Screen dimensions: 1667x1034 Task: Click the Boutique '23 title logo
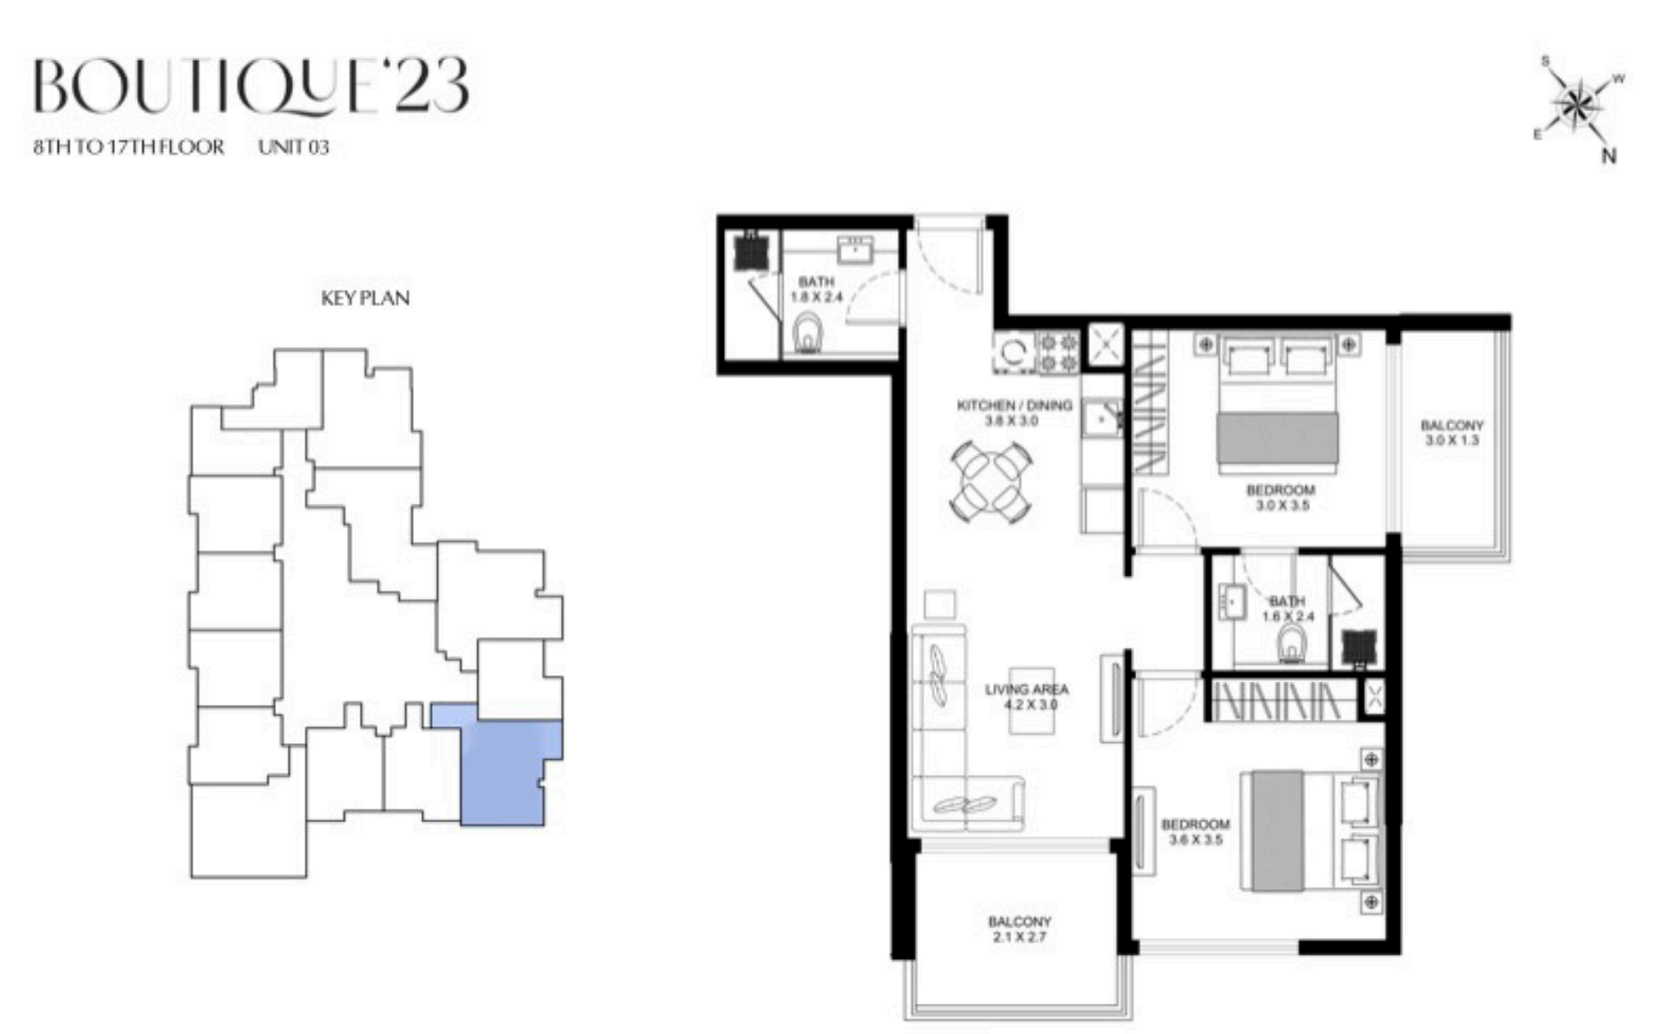(x=251, y=87)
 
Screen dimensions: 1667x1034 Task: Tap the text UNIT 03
(x=294, y=147)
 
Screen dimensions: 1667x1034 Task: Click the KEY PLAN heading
(x=365, y=298)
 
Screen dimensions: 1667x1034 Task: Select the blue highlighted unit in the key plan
(x=504, y=765)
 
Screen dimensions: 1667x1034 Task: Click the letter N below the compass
(x=1609, y=157)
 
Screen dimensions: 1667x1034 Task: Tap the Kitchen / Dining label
(x=1014, y=413)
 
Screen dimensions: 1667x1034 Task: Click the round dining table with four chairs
(x=991, y=481)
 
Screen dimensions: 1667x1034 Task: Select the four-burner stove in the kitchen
(x=1058, y=352)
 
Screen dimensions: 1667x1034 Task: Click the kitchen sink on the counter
(x=1102, y=418)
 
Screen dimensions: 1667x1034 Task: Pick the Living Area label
(x=1027, y=697)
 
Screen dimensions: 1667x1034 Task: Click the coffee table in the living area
(x=1032, y=701)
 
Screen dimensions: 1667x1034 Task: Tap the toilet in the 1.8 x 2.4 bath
(x=808, y=333)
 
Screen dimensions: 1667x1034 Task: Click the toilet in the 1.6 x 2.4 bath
(x=1292, y=643)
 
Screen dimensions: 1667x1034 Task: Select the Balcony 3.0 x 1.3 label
(x=1452, y=432)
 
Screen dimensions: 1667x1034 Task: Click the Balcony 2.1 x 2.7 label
(x=1020, y=929)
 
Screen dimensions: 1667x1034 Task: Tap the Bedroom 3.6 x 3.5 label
(x=1196, y=832)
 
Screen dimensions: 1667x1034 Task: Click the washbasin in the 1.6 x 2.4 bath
(x=1233, y=602)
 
